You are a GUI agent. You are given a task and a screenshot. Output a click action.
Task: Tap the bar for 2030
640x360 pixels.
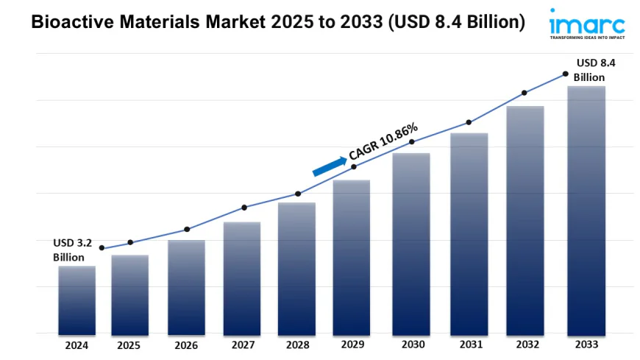click(411, 243)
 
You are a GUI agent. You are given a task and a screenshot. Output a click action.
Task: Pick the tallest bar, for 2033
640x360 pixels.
click(586, 210)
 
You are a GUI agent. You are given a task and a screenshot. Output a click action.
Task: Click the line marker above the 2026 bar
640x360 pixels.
click(187, 229)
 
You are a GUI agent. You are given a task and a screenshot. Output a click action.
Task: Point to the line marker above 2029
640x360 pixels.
click(354, 167)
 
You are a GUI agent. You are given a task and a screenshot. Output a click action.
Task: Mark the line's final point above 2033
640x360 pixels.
click(565, 74)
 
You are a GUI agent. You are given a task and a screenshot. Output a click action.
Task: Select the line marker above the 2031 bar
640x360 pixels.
click(469, 122)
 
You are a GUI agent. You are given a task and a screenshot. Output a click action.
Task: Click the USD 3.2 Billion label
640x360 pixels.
click(71, 250)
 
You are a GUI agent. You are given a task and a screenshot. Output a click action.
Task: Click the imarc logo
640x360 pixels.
click(586, 24)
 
